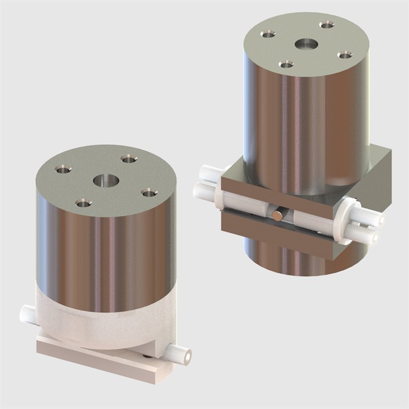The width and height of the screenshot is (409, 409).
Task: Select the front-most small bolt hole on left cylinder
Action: [84, 203]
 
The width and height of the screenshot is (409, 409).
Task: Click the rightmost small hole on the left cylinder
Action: [149, 193]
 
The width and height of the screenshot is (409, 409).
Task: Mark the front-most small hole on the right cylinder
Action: [287, 64]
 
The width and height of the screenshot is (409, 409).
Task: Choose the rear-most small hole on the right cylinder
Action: [326, 25]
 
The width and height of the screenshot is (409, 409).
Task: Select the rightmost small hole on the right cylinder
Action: [345, 55]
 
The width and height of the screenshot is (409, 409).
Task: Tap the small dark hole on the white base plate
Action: [149, 356]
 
